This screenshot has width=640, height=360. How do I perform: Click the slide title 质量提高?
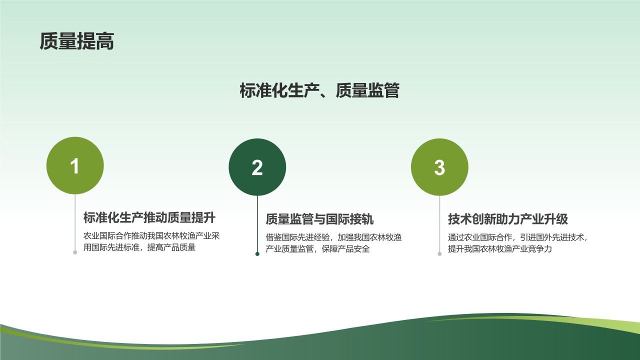[77, 42]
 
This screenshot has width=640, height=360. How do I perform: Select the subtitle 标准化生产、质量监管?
[319, 90]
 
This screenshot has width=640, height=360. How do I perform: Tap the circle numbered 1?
[75, 165]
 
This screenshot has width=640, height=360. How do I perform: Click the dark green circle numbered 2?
[257, 167]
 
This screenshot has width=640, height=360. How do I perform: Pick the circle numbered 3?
[439, 167]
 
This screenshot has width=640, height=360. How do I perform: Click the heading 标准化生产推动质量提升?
[149, 218]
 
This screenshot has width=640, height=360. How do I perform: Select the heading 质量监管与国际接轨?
[319, 219]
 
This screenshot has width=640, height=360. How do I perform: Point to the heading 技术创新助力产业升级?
[507, 219]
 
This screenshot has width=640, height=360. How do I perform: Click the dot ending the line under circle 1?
[75, 252]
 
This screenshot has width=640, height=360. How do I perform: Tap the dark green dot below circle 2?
[257, 254]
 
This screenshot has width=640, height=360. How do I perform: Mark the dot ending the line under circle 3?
[439, 254]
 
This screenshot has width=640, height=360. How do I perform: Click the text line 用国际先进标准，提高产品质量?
[139, 247]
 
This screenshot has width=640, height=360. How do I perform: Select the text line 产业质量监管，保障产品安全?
[317, 249]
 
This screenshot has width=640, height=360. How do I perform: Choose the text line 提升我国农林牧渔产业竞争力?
[499, 249]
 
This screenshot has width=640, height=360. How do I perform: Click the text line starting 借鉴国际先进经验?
[333, 237]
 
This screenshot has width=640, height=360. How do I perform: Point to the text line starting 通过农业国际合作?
[517, 237]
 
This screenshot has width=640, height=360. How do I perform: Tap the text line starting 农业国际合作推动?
[151, 236]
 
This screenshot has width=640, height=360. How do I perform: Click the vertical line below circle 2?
[257, 225]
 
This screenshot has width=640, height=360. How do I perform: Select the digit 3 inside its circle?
[439, 167]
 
